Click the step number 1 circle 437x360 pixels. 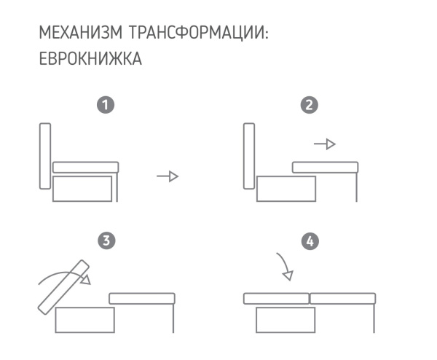[x=107, y=105]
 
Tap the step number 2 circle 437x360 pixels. [x=310, y=105]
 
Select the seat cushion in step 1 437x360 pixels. [x=85, y=167]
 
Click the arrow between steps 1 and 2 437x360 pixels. [x=168, y=177]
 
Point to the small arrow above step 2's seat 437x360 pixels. [x=325, y=144]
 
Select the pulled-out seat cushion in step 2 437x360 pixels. [x=326, y=167]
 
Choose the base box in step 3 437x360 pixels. [x=84, y=319]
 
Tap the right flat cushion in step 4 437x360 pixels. [x=343, y=298]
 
